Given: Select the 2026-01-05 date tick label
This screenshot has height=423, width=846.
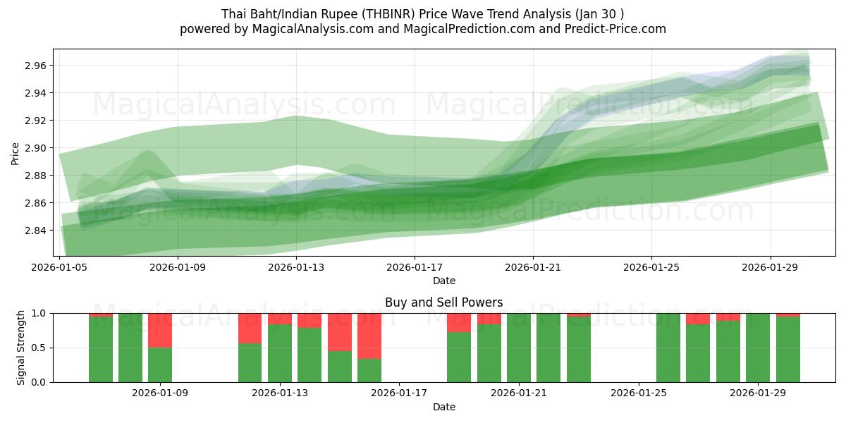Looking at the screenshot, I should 60,267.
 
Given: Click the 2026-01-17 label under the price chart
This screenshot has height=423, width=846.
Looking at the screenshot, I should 414,267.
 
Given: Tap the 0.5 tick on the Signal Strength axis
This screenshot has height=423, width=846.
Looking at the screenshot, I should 39,348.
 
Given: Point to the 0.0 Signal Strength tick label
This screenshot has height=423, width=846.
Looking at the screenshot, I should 39,382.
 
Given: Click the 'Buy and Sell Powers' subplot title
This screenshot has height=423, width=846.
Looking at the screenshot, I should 444,302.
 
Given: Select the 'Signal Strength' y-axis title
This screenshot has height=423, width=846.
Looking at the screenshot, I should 21,348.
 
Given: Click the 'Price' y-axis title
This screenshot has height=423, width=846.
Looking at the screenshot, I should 16,152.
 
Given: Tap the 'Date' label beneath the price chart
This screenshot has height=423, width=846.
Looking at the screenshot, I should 444,281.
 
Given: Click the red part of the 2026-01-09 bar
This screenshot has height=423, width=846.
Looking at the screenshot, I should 160,330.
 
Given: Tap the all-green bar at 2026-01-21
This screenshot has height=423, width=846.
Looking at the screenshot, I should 519,348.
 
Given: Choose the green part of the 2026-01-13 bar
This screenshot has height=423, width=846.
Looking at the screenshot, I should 280,352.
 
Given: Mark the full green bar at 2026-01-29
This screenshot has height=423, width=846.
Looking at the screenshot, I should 758,348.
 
